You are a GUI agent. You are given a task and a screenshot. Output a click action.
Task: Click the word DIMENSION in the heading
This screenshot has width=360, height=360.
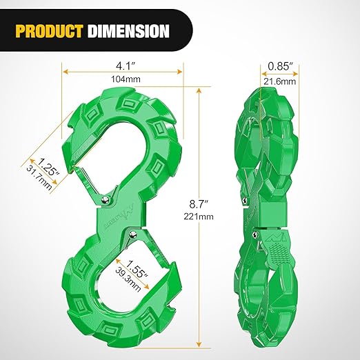tap(130, 30)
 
